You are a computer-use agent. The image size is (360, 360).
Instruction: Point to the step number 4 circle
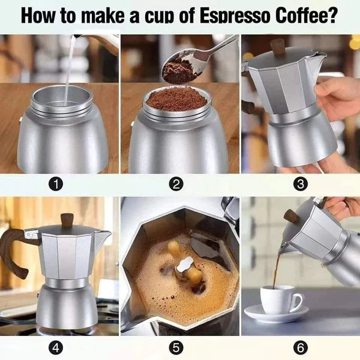pos(56,347)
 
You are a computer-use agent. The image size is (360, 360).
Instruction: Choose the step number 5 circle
pos(176,347)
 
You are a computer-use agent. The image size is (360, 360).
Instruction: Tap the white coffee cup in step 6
pos(281,299)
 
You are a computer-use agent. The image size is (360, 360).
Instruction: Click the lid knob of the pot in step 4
pos(67,220)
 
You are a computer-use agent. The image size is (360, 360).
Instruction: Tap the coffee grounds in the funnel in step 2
pos(176,98)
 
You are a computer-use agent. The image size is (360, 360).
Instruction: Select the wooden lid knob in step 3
pos(277,46)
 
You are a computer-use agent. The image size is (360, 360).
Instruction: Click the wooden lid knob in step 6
pos(290,215)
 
